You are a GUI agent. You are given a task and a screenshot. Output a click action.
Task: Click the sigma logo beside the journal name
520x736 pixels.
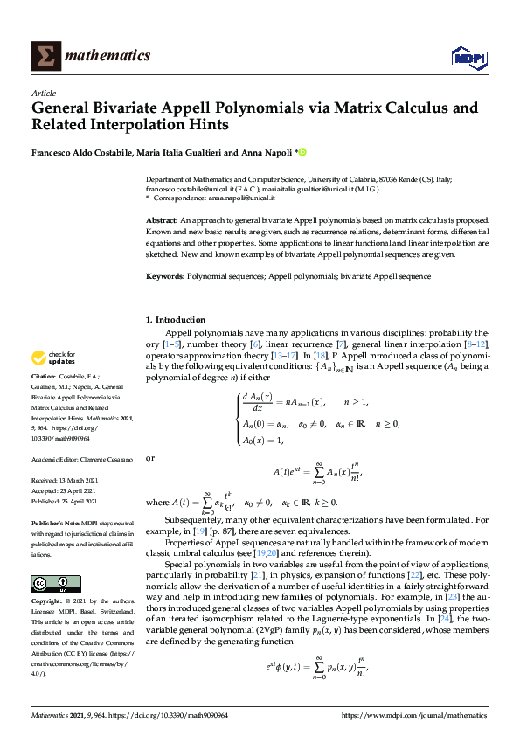tap(46, 54)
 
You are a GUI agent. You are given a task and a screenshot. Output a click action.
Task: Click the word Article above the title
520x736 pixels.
tap(43, 93)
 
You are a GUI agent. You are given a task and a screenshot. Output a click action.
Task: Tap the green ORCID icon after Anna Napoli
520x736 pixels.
tap(303, 152)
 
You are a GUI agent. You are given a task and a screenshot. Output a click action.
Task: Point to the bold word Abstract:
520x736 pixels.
tap(162, 222)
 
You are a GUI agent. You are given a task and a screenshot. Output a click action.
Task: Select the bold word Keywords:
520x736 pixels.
tap(165, 276)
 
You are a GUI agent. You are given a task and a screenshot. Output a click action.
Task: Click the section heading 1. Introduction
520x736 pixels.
tap(176, 320)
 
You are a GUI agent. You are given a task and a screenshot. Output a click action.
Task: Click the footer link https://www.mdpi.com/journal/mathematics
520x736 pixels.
tap(414, 716)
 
